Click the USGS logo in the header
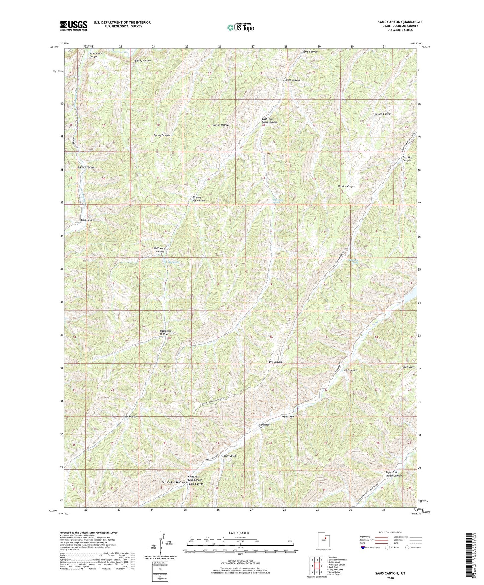pyautogui.click(x=74, y=26)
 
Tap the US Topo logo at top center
pyautogui.click(x=240, y=27)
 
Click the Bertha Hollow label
pyautogui.click(x=221, y=125)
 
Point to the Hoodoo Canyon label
pyautogui.click(x=346, y=186)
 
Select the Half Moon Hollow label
pyautogui.click(x=159, y=250)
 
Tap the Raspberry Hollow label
pyautogui.click(x=165, y=332)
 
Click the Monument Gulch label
pyautogui.click(x=264, y=426)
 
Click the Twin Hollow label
pyautogui.click(x=130, y=417)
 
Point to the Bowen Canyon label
pyautogui.click(x=383, y=114)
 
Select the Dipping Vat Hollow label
pyautogui.click(x=198, y=199)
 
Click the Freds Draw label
pyautogui.click(x=288, y=417)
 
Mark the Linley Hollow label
pyautogui.click(x=143, y=61)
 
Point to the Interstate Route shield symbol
pyautogui.click(x=364, y=548)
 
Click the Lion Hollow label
pyautogui.click(x=88, y=220)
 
